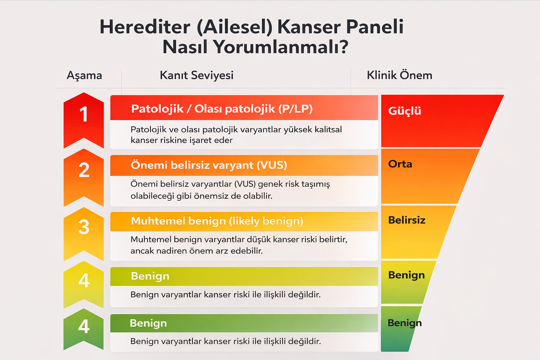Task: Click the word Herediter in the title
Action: tap(144, 27)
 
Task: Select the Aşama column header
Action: tap(84, 75)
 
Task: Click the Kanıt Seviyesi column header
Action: tap(197, 75)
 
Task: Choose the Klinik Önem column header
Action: tap(399, 75)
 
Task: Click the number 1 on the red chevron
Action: tap(84, 114)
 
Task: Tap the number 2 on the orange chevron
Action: tap(84, 170)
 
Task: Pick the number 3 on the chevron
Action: tap(84, 227)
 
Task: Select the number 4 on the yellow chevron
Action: tap(84, 281)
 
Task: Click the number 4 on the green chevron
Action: tap(84, 327)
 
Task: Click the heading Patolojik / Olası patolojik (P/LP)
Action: tap(222, 109)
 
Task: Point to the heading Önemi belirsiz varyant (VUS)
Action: tap(209, 165)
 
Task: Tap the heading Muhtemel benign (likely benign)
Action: tap(217, 221)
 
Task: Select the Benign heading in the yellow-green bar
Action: tap(150, 276)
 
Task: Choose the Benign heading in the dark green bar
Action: tap(148, 323)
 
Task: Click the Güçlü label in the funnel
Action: tap(405, 111)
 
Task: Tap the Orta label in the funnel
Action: tap(400, 164)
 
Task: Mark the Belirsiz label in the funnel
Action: tap(407, 220)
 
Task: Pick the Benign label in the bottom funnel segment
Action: tap(405, 323)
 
